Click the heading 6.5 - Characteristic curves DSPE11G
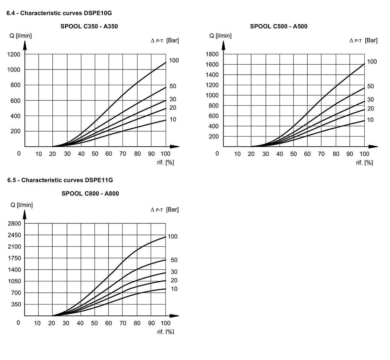[60, 180]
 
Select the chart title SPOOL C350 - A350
[89, 27]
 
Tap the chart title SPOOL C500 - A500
[279, 27]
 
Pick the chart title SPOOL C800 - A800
[90, 194]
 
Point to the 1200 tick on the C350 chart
[13, 54]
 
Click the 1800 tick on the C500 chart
[212, 54]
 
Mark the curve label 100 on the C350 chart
[174, 61]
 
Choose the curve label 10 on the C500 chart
[370, 120]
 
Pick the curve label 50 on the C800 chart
[174, 260]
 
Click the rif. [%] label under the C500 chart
[364, 162]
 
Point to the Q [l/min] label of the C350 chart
[20, 36]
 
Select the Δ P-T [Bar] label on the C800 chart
[164, 210]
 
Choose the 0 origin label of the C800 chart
[18, 323]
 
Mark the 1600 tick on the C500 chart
[212, 65]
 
